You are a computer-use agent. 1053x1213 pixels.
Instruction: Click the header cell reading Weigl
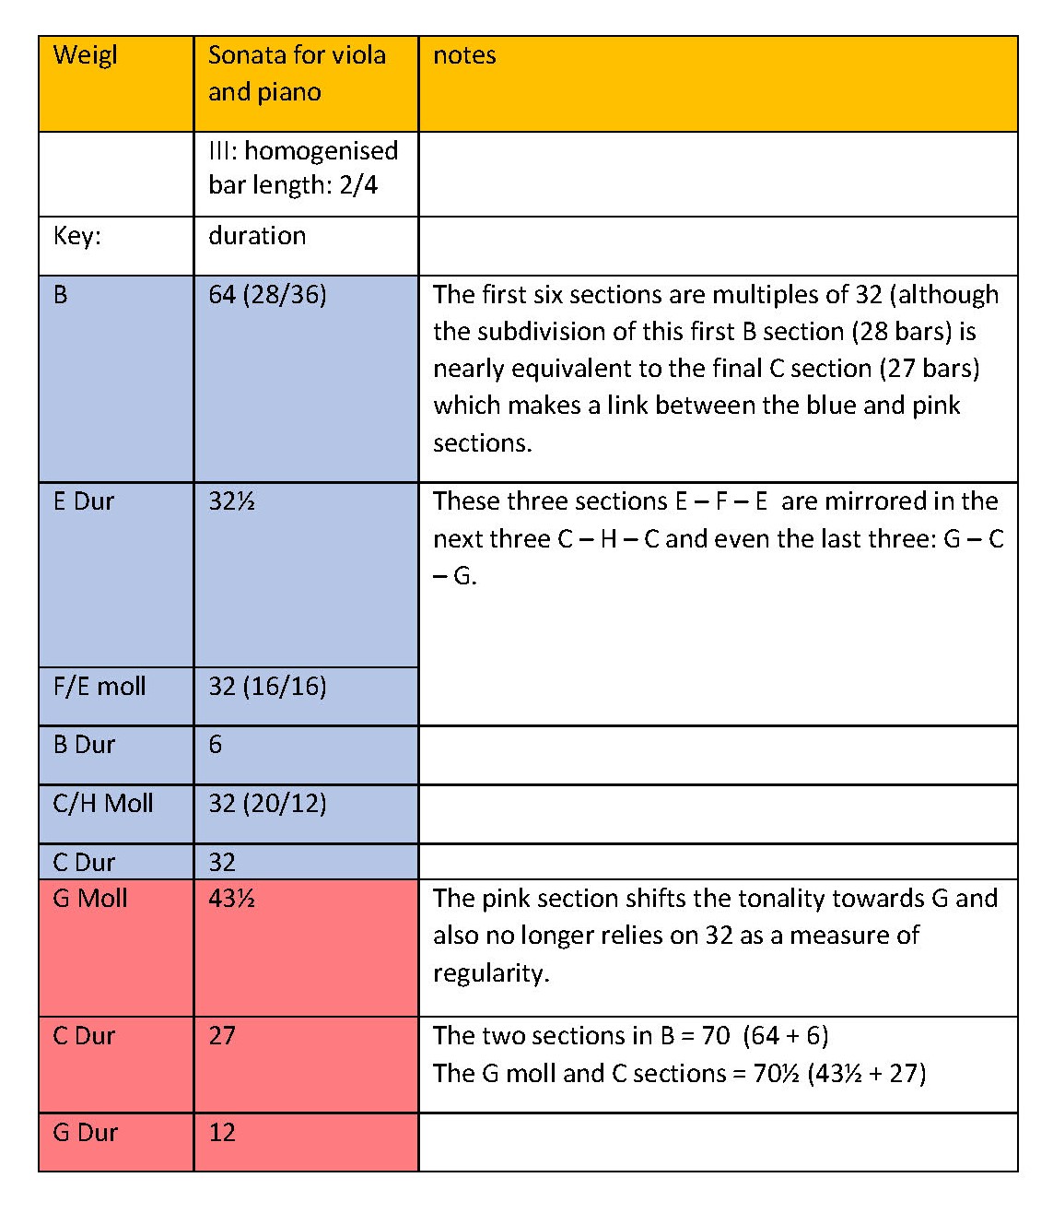click(x=86, y=55)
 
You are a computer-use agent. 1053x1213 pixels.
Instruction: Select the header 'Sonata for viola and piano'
click(x=297, y=74)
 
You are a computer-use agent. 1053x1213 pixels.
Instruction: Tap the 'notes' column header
click(x=464, y=55)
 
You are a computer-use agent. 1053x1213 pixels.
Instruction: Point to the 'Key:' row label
click(x=77, y=236)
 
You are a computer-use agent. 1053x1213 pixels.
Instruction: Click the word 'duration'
click(x=257, y=236)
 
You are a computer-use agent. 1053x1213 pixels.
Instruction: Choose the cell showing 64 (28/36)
click(x=267, y=295)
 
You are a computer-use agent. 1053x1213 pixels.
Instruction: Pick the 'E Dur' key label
click(x=84, y=501)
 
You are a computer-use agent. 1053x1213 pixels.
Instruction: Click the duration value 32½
click(x=231, y=501)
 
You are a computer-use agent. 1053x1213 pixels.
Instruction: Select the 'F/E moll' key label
click(x=99, y=687)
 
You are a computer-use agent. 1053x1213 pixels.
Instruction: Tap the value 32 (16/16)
click(x=267, y=687)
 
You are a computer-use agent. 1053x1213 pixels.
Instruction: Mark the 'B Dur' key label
click(x=84, y=745)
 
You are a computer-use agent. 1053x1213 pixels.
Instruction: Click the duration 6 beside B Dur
click(x=216, y=745)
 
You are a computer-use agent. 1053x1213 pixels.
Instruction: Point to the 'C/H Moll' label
click(x=103, y=804)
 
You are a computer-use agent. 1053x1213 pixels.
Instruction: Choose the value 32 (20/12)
click(x=267, y=804)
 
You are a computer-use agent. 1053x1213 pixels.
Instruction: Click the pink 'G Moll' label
click(x=90, y=899)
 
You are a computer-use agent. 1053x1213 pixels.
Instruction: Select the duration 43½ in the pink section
click(x=231, y=899)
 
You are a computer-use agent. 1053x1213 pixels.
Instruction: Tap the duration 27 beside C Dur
click(x=222, y=1036)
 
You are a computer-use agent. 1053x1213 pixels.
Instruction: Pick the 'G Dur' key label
click(x=86, y=1133)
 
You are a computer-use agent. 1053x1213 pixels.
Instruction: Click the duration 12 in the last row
click(x=222, y=1133)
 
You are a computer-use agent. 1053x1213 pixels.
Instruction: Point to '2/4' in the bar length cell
click(x=358, y=185)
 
